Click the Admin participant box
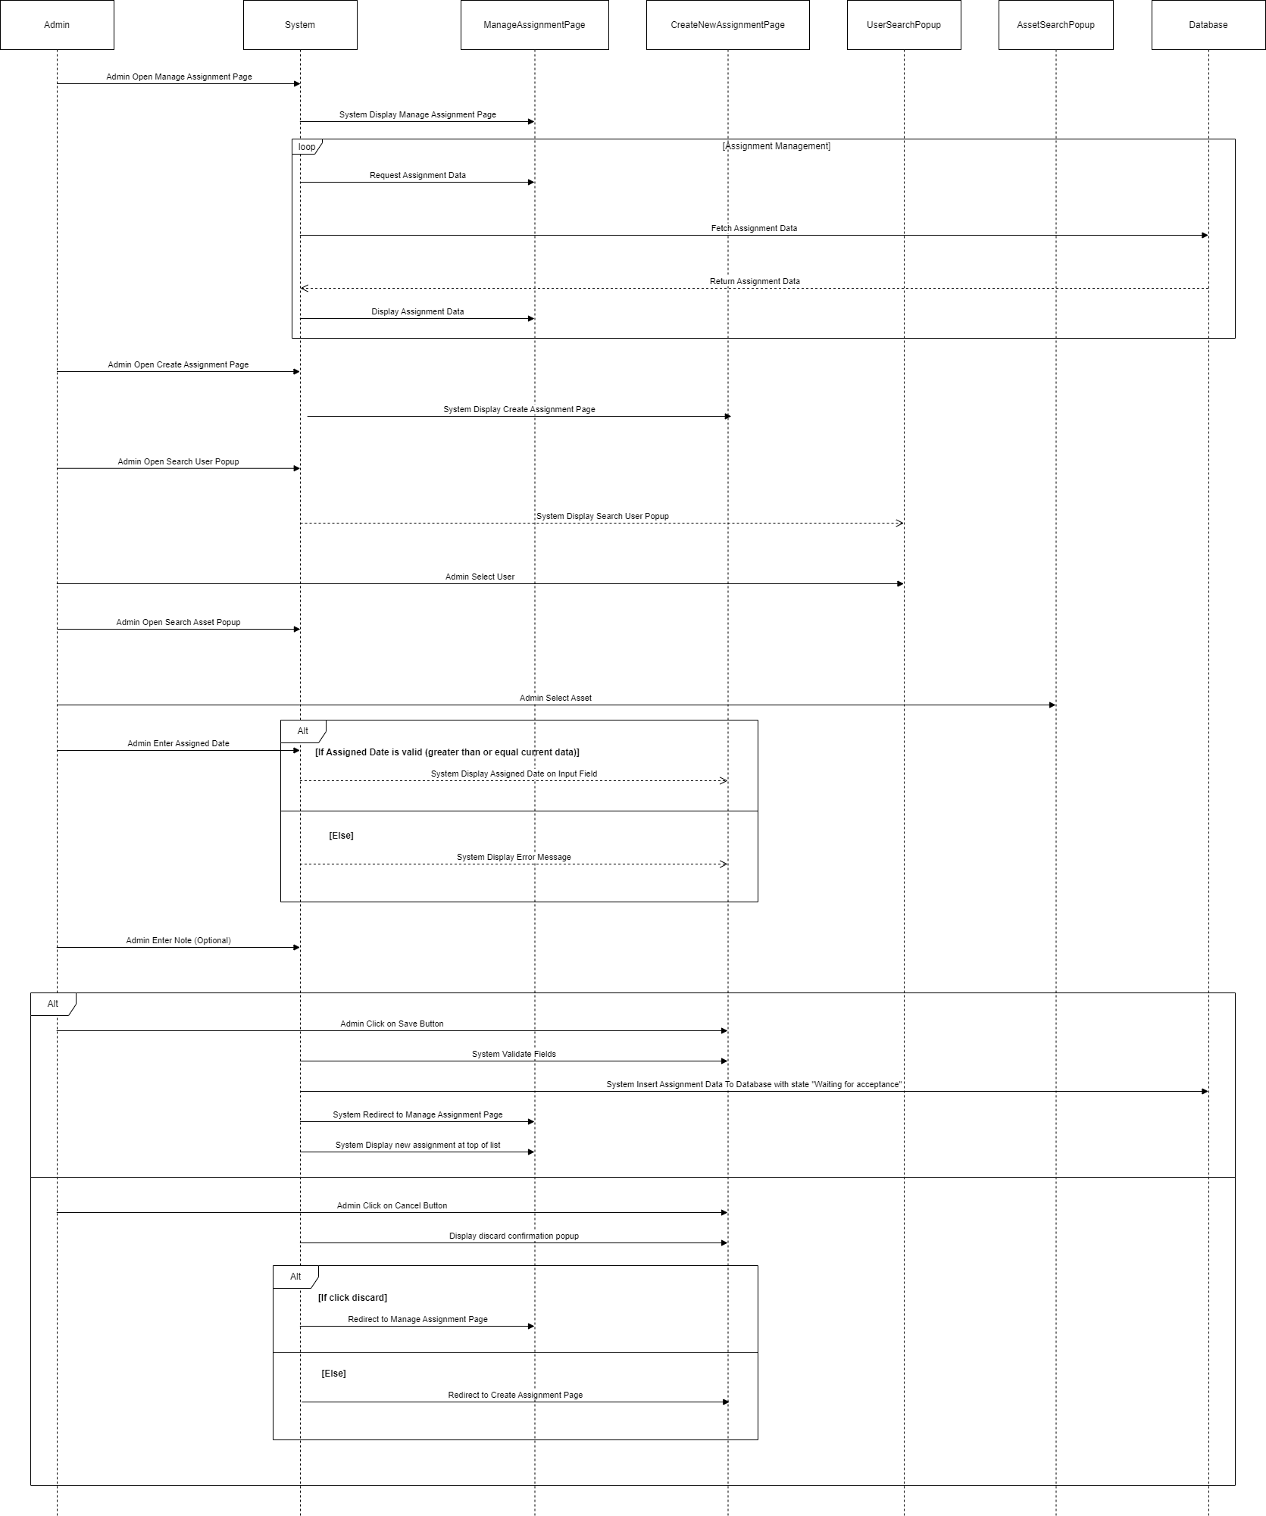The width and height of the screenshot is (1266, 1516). [x=57, y=25]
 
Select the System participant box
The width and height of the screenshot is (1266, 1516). [x=300, y=25]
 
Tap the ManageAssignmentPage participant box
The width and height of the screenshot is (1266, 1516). [x=534, y=25]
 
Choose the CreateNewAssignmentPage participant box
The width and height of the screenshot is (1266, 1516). [x=727, y=25]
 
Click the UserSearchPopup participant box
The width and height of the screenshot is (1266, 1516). [x=903, y=25]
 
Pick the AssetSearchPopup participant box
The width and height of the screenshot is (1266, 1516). [x=1055, y=25]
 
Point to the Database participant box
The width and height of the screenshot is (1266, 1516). [x=1208, y=25]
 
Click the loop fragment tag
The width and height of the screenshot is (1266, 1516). [x=307, y=147]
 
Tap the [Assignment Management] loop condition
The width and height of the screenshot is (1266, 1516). [x=776, y=146]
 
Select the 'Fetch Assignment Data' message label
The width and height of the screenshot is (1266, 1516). [x=754, y=228]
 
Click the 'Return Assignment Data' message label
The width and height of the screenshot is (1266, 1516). [x=755, y=281]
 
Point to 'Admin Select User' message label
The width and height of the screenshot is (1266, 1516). [x=480, y=577]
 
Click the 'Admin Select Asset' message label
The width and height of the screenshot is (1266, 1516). [x=555, y=698]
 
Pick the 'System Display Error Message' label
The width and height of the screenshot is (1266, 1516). [x=514, y=857]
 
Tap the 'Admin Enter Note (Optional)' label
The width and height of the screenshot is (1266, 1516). [x=178, y=940]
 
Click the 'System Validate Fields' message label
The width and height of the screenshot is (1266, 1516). [x=514, y=1054]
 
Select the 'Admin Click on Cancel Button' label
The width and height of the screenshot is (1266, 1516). [x=392, y=1205]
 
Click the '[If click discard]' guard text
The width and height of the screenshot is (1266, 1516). [x=352, y=1298]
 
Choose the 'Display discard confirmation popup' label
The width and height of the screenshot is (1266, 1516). [x=514, y=1236]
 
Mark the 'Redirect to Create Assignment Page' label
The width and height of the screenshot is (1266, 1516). [x=515, y=1395]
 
